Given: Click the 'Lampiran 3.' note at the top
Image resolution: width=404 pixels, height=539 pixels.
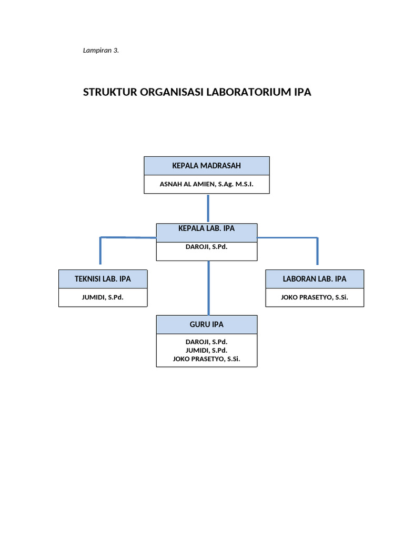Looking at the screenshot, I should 101,51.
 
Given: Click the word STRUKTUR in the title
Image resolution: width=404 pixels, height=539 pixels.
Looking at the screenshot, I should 109,92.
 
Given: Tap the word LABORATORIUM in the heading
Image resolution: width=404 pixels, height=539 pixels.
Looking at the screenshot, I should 248,92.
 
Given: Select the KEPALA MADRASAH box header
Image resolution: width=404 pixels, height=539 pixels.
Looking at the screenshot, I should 207,166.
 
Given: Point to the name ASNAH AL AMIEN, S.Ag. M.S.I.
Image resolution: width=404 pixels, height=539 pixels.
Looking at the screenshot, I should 207,184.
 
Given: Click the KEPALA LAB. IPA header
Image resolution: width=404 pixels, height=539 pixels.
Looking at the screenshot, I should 207,228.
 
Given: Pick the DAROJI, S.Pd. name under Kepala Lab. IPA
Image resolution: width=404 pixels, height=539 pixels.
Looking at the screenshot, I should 207,246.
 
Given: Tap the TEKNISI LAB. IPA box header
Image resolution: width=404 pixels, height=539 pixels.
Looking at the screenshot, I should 103,279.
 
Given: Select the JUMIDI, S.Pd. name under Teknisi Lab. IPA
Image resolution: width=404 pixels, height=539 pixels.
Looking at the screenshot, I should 103,297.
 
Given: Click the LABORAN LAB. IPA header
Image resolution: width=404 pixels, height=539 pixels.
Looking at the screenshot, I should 315,279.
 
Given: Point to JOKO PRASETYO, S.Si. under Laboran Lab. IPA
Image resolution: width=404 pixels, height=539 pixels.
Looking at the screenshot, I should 315,297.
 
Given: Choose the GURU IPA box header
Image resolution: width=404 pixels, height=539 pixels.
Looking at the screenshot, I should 207,325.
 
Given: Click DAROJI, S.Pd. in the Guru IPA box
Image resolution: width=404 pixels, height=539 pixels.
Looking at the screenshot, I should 207,342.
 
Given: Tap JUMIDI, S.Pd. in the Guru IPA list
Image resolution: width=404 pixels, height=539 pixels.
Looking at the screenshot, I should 207,350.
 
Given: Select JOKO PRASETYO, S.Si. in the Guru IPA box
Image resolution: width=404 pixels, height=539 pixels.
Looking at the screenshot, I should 207,359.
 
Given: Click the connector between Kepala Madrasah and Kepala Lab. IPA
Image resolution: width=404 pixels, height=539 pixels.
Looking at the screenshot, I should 208,208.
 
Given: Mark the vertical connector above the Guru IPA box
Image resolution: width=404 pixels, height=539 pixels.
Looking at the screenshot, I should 209,288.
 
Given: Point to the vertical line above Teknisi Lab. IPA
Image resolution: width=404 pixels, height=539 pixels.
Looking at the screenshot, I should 100,251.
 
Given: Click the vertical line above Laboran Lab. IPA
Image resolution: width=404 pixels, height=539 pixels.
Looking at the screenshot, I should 317,251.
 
